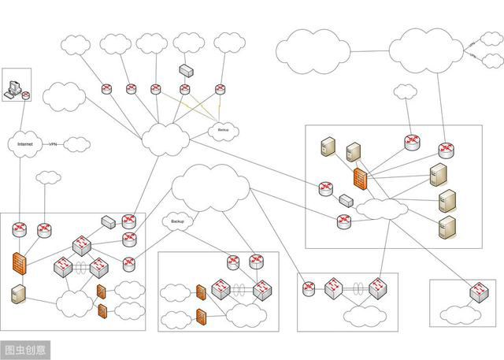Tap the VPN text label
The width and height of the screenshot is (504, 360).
pos(54,145)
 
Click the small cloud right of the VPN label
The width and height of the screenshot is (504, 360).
pos(76,144)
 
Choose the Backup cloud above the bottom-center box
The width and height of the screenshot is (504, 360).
pos(177,222)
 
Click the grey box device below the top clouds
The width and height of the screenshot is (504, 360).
pos(187,70)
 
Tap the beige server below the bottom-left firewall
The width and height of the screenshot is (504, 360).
pos(18,295)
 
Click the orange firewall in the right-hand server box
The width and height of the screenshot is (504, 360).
pos(360,181)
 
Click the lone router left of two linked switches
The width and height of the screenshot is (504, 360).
pos(309,288)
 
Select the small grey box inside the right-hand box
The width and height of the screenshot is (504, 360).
pos(346,201)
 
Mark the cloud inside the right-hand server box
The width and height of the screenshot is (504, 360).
pos(382,209)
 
